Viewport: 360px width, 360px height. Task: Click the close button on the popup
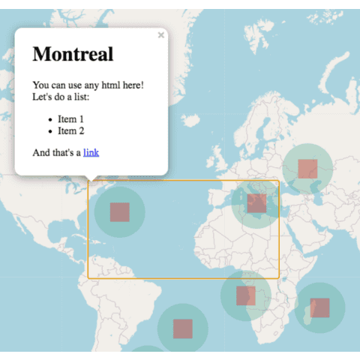click(x=160, y=35)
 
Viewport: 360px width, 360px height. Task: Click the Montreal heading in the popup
click(x=73, y=54)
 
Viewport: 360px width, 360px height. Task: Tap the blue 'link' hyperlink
click(x=91, y=152)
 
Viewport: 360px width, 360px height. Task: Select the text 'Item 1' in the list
click(x=71, y=118)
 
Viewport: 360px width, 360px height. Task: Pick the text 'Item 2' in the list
click(x=71, y=130)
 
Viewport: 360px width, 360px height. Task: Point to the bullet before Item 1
click(x=49, y=119)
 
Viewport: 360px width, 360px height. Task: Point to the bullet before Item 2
click(x=49, y=131)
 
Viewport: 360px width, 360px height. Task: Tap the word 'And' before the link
click(x=41, y=152)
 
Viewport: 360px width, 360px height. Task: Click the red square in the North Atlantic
click(x=120, y=212)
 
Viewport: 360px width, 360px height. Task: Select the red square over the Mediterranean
click(x=256, y=202)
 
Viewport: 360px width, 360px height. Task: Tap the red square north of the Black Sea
click(x=307, y=168)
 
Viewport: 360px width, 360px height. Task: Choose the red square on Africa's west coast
click(x=246, y=295)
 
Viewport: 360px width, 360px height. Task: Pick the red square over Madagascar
click(x=319, y=307)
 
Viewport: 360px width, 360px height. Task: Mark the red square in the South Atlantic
click(x=183, y=328)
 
